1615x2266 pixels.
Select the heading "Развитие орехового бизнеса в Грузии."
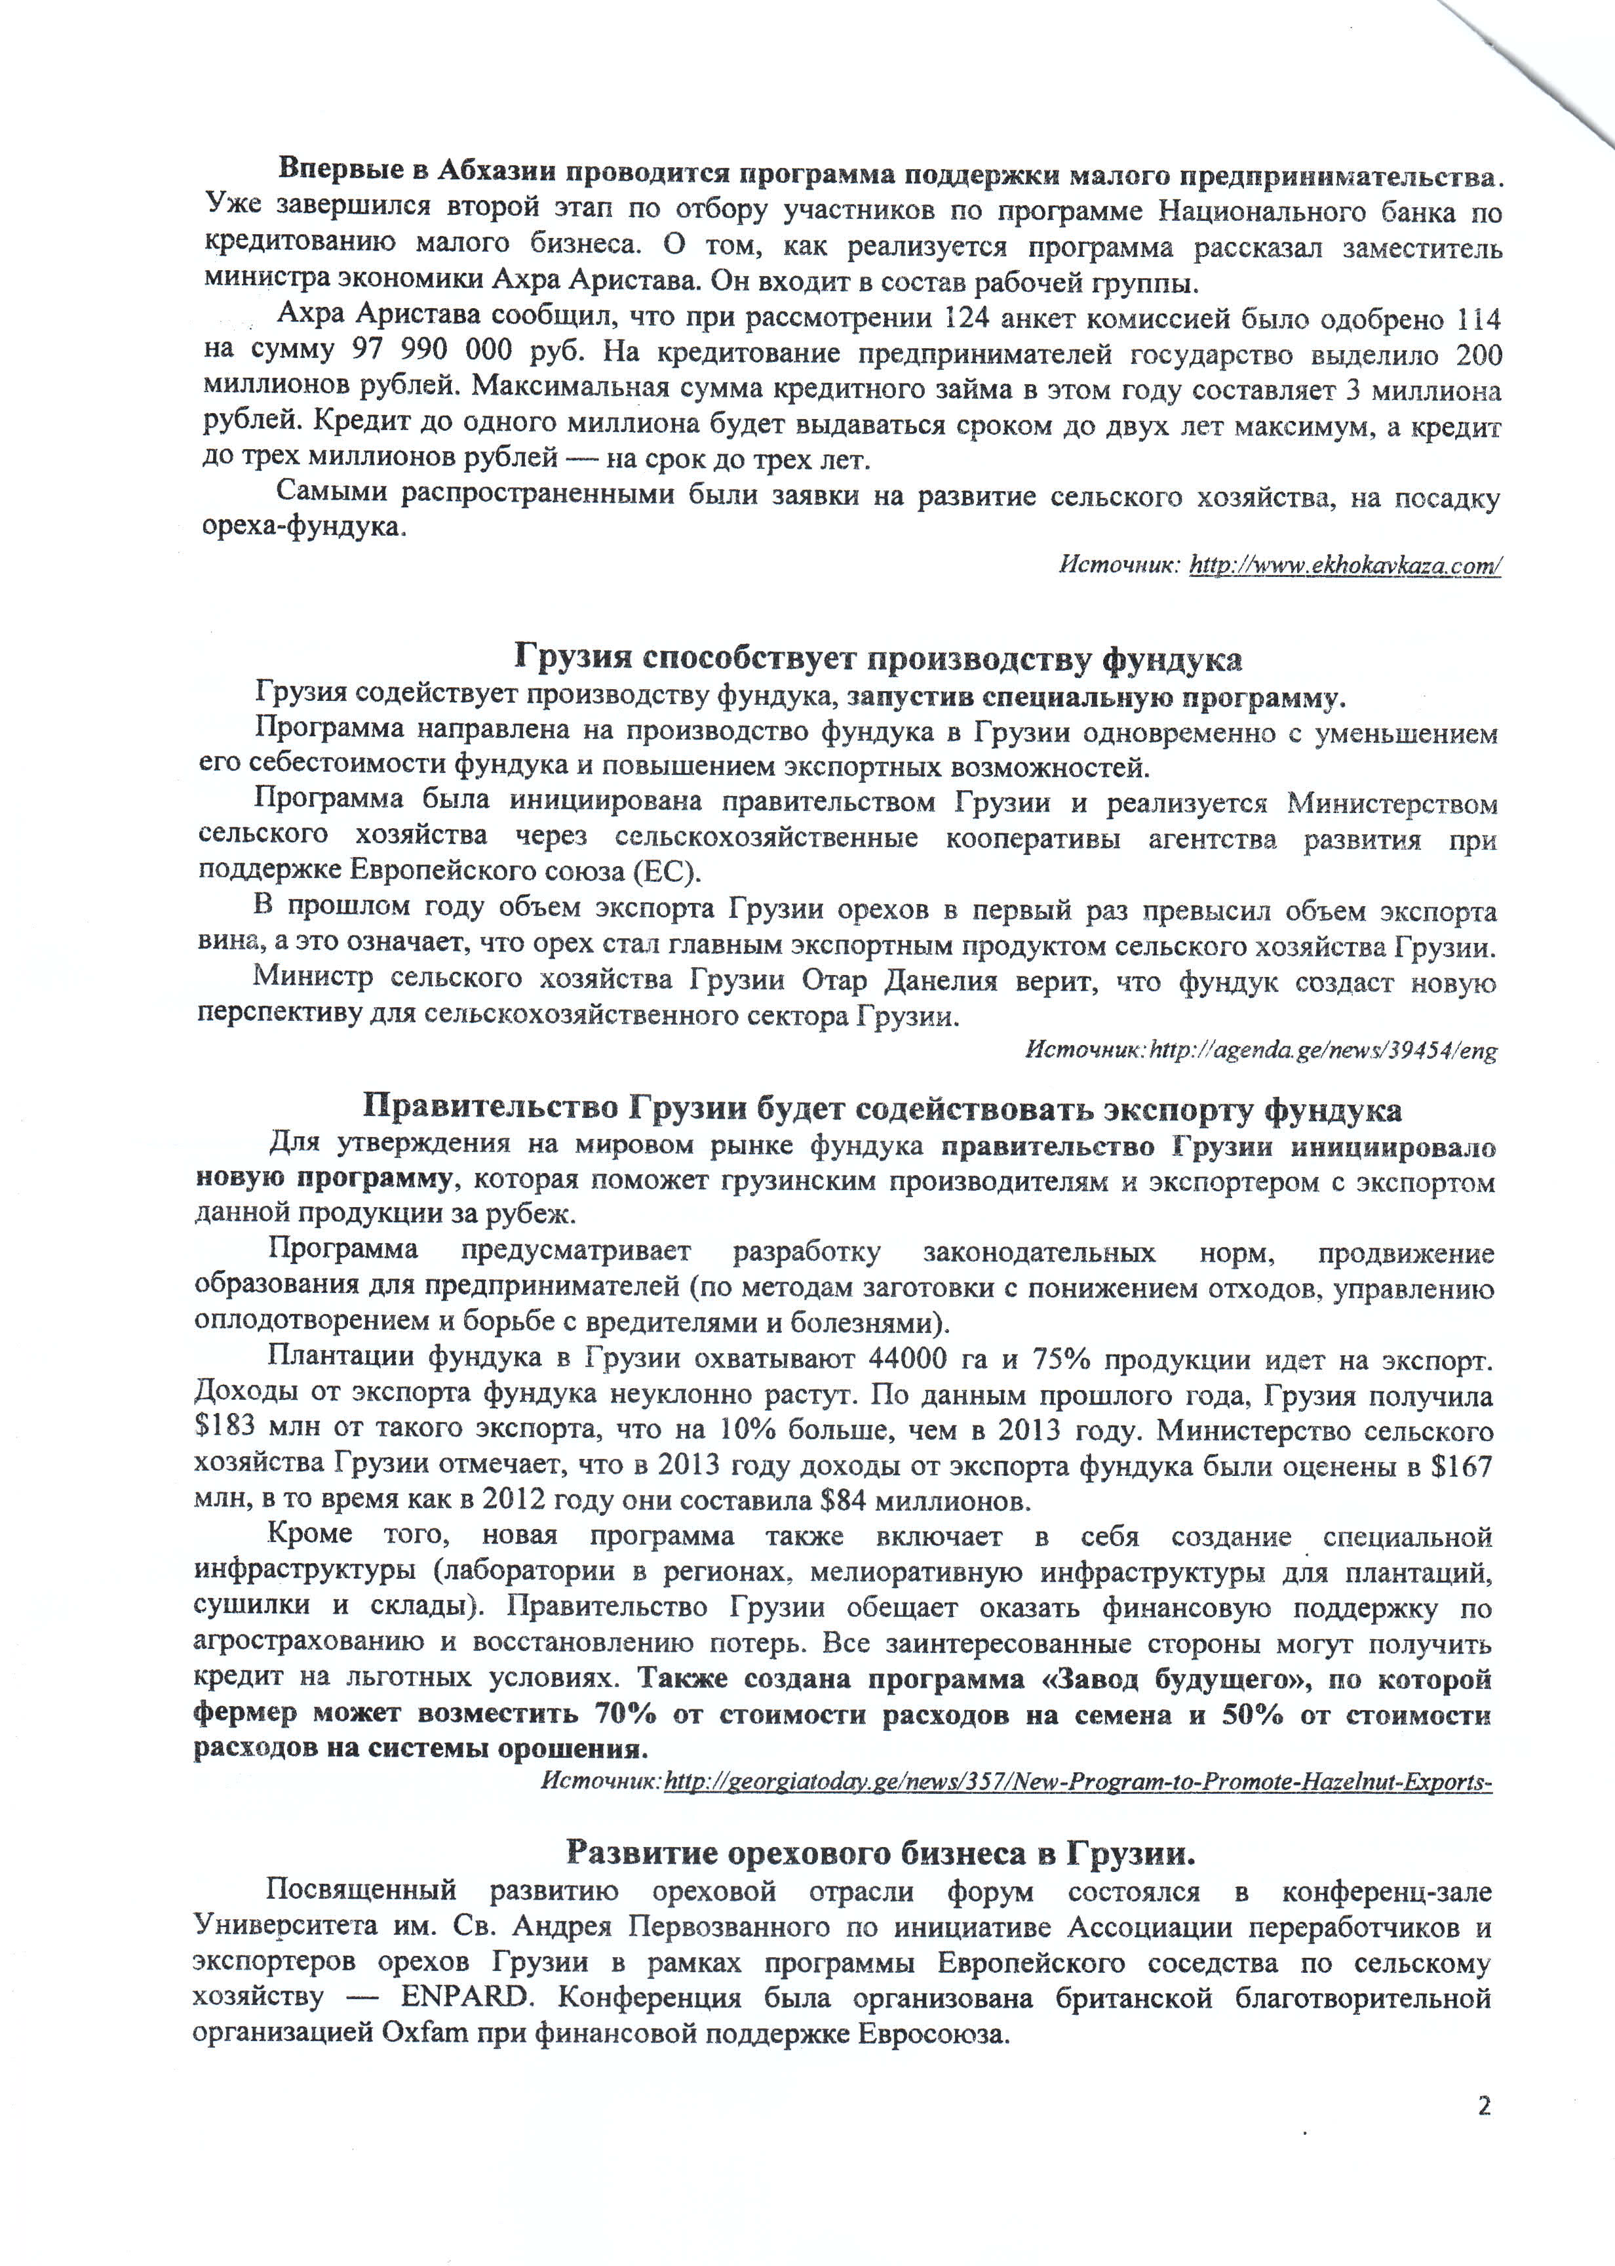coord(880,1852)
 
